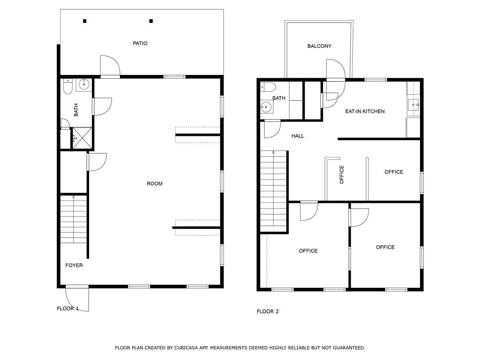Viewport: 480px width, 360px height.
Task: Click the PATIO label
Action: coord(140,44)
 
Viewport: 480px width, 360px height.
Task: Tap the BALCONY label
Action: coord(319,46)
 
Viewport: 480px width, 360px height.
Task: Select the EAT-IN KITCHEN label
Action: coord(365,112)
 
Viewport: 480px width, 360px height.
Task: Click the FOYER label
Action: coord(74,265)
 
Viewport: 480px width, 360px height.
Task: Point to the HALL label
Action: coord(298,136)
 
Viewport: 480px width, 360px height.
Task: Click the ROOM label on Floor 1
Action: coord(155,184)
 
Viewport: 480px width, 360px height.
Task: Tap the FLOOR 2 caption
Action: coord(268,312)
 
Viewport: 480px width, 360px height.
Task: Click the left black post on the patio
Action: coord(85,21)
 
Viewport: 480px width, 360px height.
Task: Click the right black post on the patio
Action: coord(151,21)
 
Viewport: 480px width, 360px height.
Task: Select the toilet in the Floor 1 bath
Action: coord(67,87)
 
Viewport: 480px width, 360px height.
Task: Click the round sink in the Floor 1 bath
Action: coord(83,83)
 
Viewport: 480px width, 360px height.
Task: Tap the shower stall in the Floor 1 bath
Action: coord(82,138)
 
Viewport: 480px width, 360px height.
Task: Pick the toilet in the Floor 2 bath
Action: coord(268,87)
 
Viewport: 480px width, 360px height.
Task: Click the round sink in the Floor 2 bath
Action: coord(266,107)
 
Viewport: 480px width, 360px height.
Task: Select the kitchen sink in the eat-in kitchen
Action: coord(413,105)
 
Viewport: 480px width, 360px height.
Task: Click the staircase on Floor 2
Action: coord(274,191)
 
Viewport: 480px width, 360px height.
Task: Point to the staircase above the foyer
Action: coord(74,219)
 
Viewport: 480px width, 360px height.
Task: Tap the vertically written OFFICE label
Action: coord(342,175)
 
